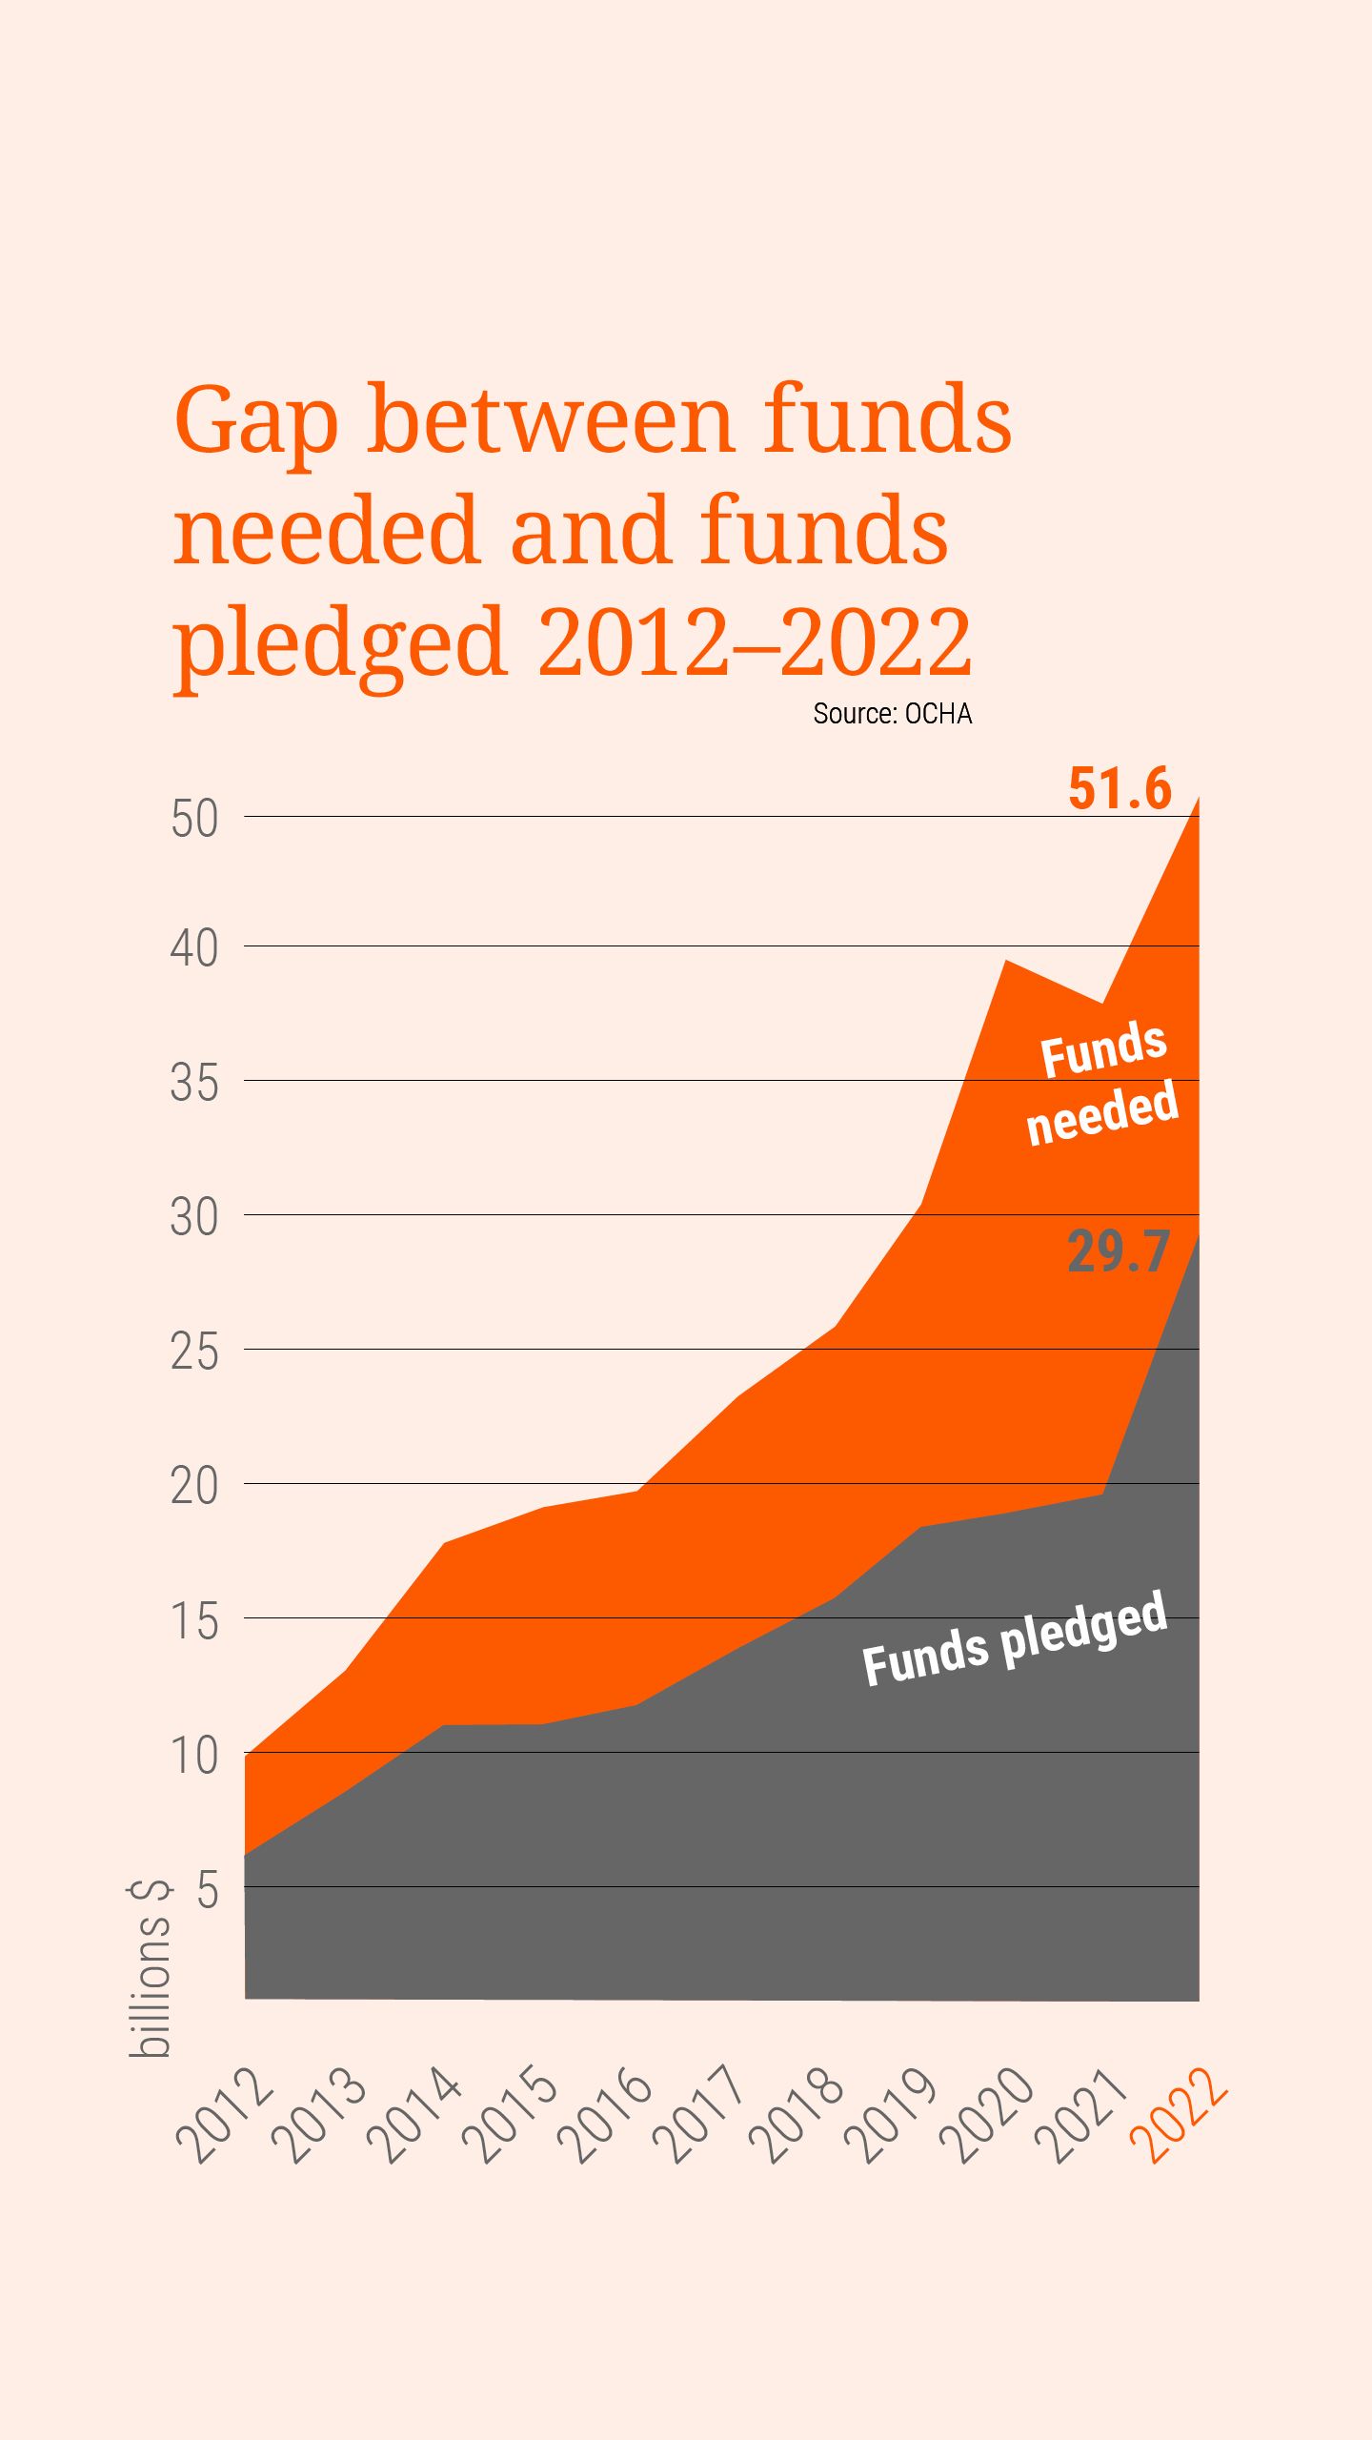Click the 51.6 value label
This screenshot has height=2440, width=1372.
[1120, 789]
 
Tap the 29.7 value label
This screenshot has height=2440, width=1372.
[1118, 1251]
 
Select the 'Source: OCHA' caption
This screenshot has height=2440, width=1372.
[892, 714]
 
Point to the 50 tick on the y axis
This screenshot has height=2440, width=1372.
[194, 819]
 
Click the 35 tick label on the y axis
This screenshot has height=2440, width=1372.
[194, 1083]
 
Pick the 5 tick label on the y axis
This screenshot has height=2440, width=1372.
[208, 1889]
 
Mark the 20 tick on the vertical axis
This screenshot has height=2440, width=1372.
[194, 1486]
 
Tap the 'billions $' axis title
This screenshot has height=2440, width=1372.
[151, 1969]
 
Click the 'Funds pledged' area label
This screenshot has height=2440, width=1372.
[1014, 1638]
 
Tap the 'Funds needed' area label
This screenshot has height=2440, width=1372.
[1102, 1082]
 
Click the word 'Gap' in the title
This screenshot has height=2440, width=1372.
[256, 422]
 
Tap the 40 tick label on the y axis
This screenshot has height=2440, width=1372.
[194, 948]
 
